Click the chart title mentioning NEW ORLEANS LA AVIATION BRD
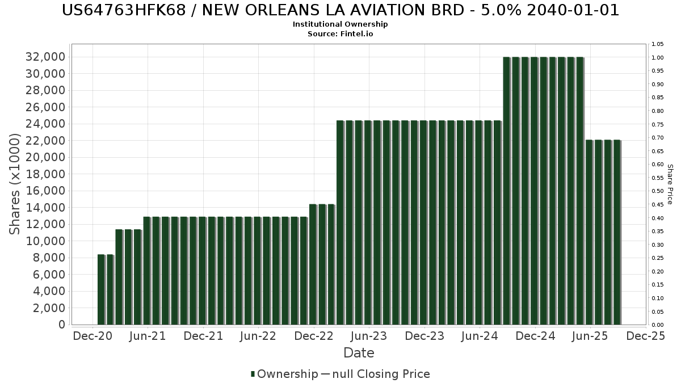(340, 10)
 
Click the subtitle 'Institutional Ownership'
(340, 24)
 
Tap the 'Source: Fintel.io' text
(340, 33)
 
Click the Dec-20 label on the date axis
(93, 336)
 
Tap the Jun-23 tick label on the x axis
(369, 336)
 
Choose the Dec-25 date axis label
(645, 336)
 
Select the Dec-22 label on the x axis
(314, 336)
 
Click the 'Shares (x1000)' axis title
(16, 184)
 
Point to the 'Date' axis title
(359, 353)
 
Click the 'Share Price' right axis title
(670, 184)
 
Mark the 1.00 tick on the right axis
(658, 57)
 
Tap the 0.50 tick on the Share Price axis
(658, 191)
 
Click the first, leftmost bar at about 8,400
(101, 289)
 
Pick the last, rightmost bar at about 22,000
(617, 232)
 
